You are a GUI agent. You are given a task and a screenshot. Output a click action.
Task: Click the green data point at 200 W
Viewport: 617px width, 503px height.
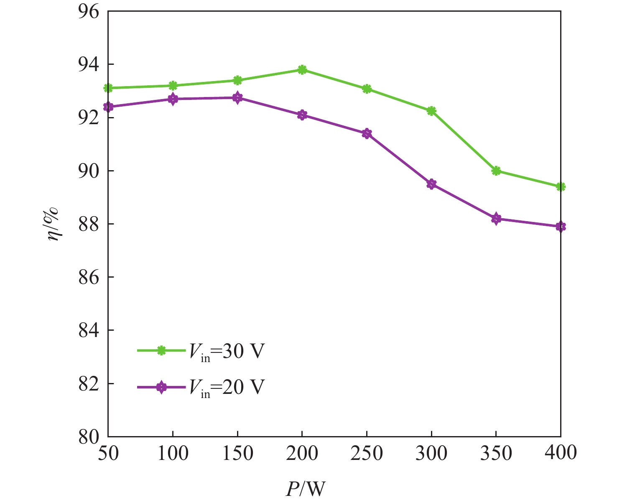(302, 70)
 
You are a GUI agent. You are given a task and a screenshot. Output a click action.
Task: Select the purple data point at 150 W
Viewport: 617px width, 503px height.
(237, 98)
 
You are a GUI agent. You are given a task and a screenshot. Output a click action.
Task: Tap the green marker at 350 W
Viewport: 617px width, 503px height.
(496, 171)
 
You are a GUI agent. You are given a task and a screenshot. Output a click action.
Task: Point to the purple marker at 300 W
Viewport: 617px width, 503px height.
(431, 184)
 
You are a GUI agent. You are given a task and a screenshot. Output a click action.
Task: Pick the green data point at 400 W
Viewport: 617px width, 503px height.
(561, 186)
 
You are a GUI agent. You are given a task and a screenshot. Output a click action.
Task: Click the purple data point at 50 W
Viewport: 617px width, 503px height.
(108, 107)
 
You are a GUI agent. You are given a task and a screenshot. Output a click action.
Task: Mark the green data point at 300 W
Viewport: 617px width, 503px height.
(431, 111)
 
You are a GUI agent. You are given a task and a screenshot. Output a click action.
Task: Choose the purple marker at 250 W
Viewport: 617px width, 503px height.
(367, 134)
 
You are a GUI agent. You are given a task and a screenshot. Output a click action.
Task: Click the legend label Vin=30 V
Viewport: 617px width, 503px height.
(226, 352)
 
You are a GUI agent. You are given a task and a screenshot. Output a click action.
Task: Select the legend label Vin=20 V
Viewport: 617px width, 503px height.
(226, 387)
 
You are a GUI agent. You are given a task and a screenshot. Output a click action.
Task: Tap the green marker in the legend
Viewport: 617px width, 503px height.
(161, 351)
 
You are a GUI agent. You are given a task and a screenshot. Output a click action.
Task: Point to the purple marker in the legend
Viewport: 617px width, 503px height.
(161, 387)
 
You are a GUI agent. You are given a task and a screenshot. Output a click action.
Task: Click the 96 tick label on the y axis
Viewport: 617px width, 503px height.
(89, 11)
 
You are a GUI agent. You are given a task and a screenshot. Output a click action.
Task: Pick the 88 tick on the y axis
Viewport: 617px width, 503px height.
(89, 224)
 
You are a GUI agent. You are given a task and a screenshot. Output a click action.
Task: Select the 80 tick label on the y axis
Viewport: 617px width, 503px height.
(89, 437)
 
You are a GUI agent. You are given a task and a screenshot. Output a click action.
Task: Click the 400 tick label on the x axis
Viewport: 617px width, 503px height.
(561, 453)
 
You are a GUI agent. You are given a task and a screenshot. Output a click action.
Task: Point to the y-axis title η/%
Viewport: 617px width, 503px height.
(54, 224)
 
